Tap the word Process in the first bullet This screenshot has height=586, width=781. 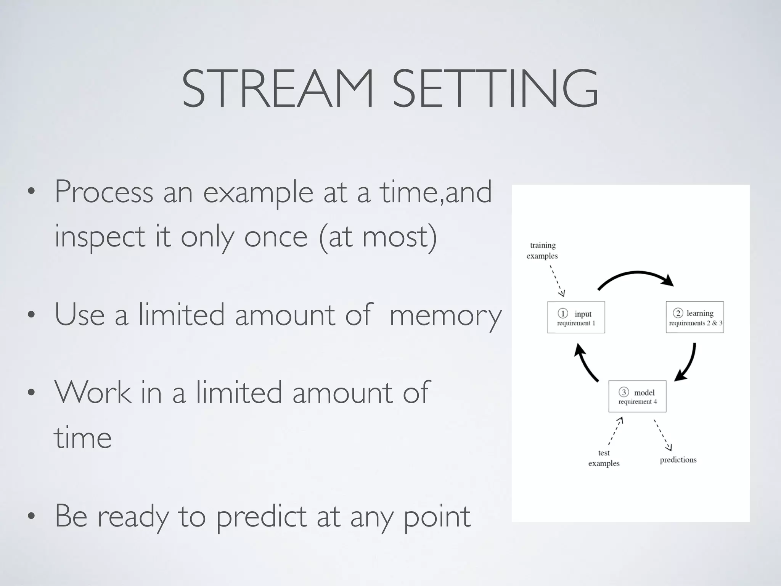coord(104,192)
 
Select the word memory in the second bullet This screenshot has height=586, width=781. coord(445,315)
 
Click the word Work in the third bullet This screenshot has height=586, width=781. coord(93,393)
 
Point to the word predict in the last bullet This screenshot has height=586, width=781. coord(261,517)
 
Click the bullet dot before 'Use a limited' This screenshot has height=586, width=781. coord(31,315)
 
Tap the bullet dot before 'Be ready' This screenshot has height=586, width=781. coord(31,517)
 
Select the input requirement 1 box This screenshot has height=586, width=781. coord(576,317)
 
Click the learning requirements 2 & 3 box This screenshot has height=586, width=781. coord(694,317)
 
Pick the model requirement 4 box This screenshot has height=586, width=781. coord(637,396)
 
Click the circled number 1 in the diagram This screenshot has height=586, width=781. coord(562,314)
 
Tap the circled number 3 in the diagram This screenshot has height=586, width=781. coord(624,392)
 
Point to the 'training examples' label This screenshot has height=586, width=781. coord(542,251)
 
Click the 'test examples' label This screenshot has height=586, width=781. coord(604,458)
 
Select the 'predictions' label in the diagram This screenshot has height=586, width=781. coord(678,460)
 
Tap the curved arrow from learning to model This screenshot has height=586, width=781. coord(689,362)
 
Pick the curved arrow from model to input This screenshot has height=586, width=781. coord(585,362)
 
